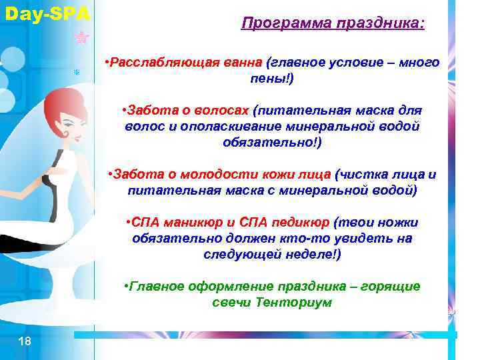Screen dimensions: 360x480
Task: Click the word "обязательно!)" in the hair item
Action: tap(271, 142)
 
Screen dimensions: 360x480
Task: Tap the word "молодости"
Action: tap(202, 175)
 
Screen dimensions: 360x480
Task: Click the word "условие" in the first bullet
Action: tap(352, 63)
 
